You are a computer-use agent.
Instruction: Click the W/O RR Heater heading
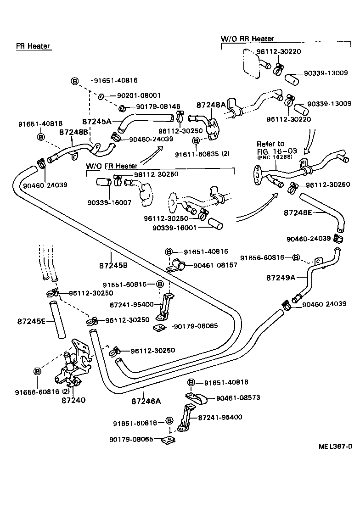pos(247,39)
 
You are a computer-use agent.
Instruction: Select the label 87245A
pos(97,122)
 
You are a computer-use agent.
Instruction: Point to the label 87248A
pos(211,105)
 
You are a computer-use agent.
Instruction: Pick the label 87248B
pos(73,132)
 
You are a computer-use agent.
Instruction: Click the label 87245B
pos(113,265)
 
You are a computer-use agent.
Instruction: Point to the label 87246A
pos(146,401)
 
